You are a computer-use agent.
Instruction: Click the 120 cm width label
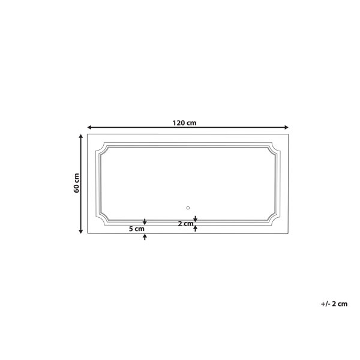pos(184,123)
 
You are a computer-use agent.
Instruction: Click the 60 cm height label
pos(76,183)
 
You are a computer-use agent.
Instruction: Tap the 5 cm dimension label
pos(137,229)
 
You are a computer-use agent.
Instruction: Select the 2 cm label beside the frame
pos(186,223)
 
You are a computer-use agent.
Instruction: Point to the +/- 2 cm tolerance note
pos(334,304)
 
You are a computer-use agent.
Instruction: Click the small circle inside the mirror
pos(188,208)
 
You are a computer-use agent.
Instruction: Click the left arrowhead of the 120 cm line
pos(89,127)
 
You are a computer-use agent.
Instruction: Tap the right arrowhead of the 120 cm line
pos(286,127)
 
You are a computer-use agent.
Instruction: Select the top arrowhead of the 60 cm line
pos(81,136)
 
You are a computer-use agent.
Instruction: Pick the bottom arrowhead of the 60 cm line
pos(81,232)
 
